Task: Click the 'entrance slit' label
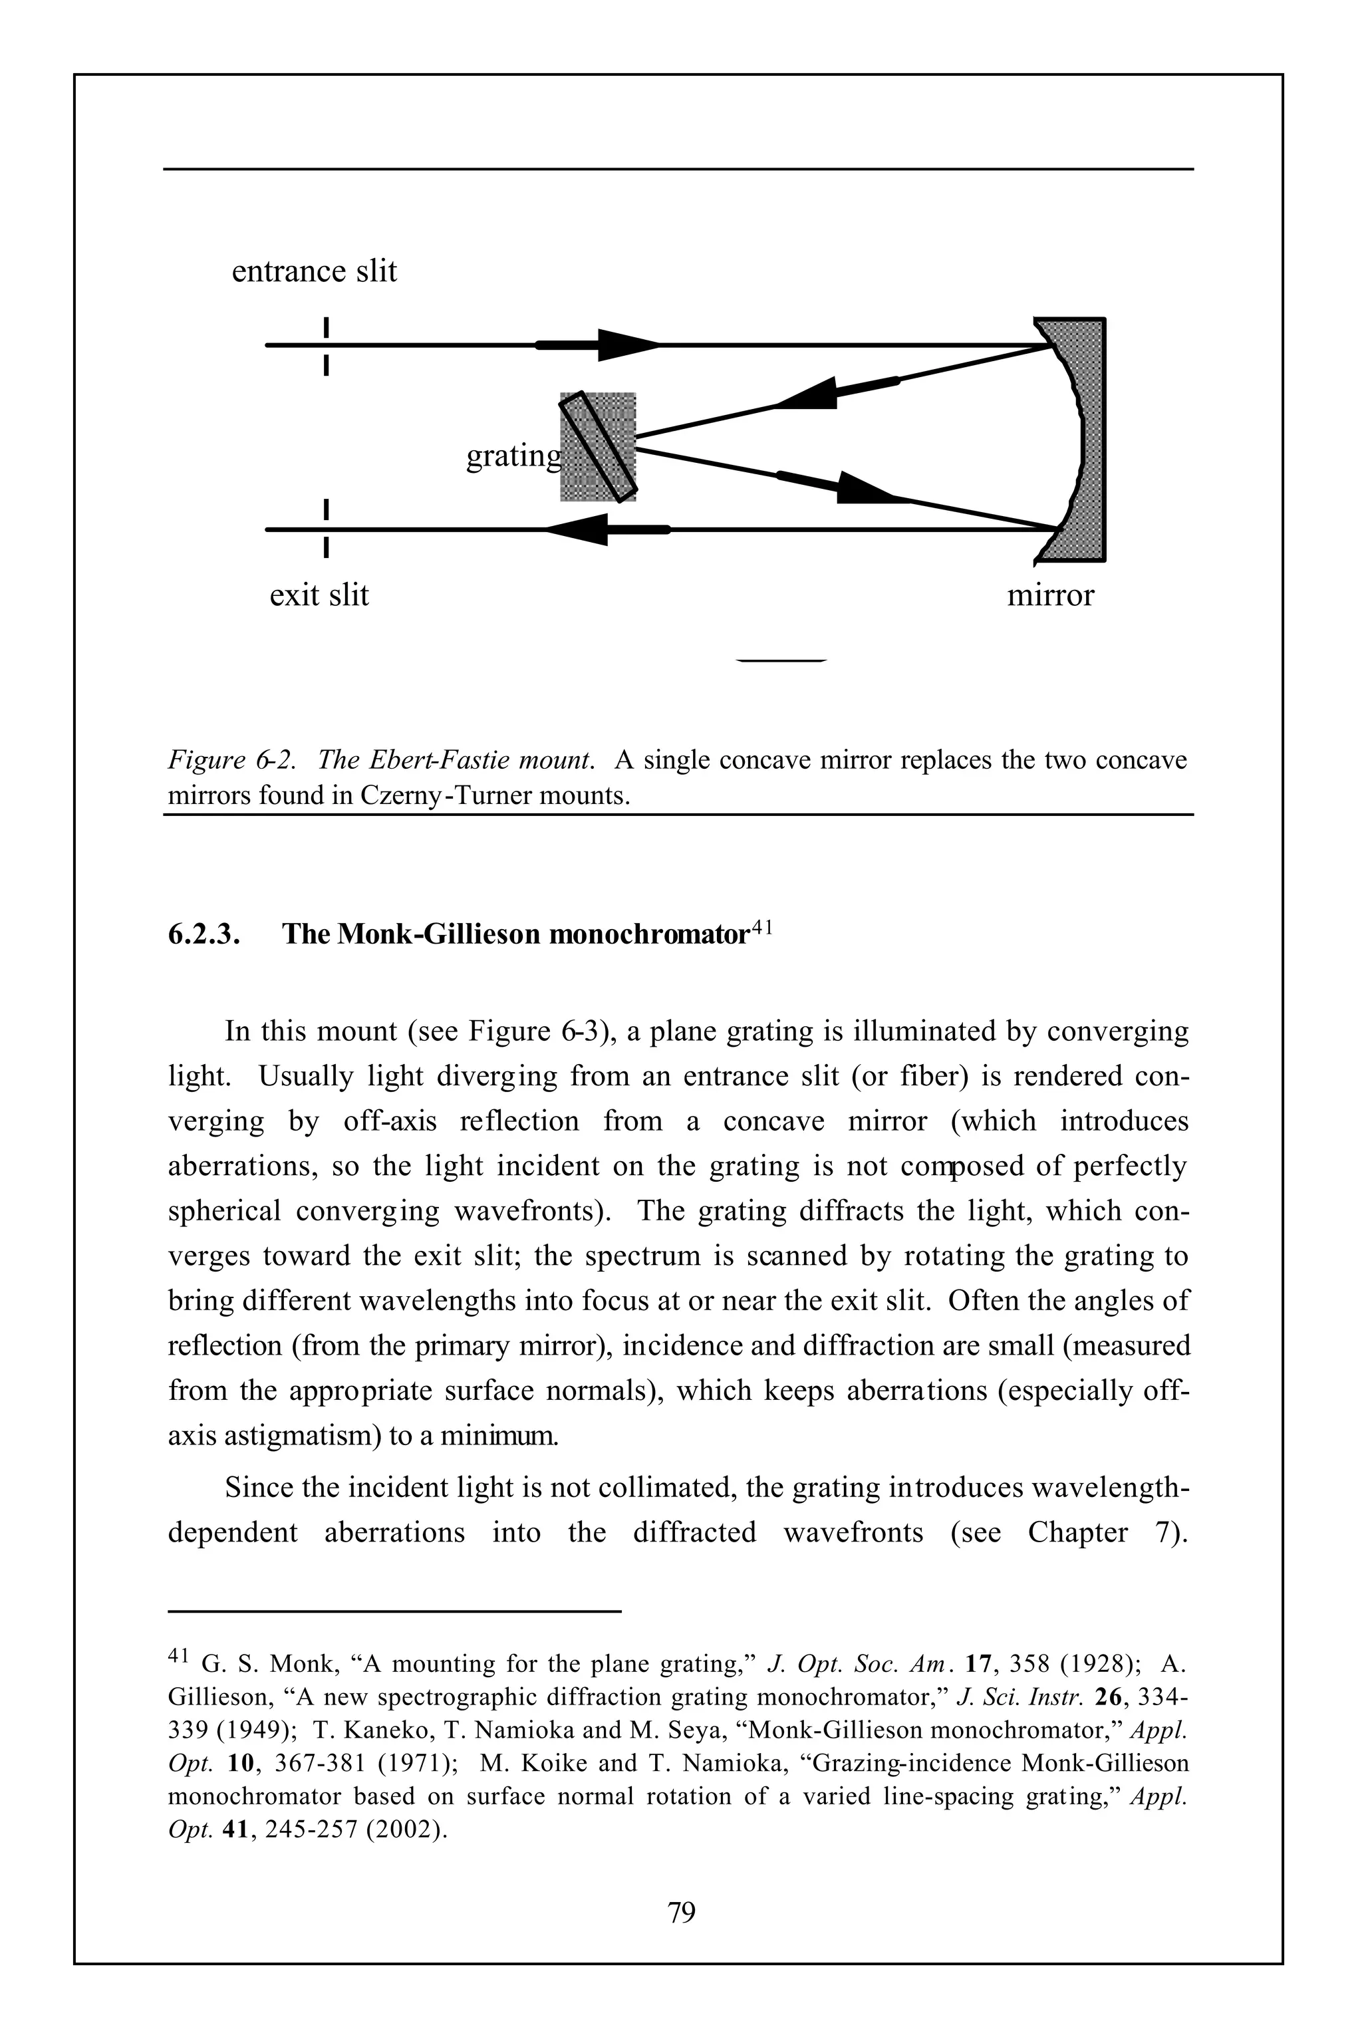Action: coord(314,271)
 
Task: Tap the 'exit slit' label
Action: coord(319,595)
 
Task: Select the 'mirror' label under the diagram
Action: coord(1049,595)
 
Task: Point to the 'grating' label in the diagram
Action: coord(513,455)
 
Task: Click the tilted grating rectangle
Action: coord(599,448)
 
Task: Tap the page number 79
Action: coord(681,1912)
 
